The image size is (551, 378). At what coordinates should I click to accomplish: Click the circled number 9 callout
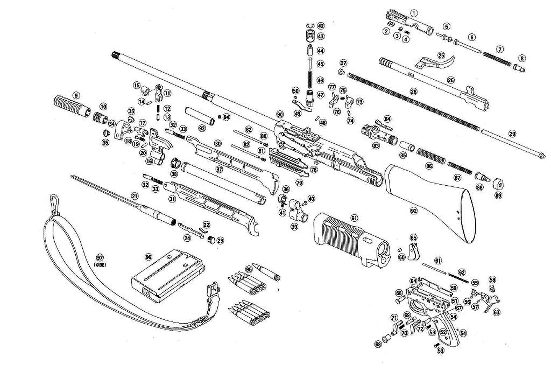click(76, 95)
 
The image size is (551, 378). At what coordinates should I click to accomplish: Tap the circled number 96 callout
click(148, 257)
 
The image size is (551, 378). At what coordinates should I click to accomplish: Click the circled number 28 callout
click(413, 92)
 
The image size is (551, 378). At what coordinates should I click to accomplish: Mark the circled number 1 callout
click(413, 13)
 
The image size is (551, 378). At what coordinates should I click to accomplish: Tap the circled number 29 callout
click(512, 134)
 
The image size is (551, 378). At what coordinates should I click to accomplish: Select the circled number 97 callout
click(100, 258)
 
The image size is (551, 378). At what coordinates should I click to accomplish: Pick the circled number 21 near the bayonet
click(134, 196)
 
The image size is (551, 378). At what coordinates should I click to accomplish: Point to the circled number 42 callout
click(321, 26)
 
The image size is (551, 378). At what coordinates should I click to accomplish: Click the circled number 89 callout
click(498, 195)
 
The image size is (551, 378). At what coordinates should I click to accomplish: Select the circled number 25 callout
click(441, 55)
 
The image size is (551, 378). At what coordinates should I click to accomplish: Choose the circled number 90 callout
click(279, 115)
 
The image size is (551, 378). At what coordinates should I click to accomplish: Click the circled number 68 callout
click(378, 344)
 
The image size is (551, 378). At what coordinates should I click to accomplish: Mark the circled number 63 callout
click(496, 312)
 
